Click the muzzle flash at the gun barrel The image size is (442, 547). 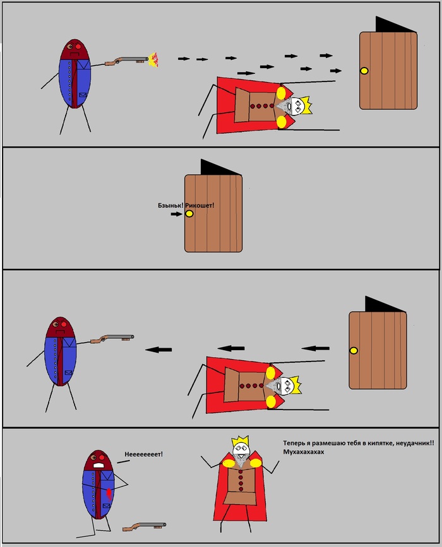(x=153, y=59)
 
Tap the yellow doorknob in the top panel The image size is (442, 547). (x=364, y=71)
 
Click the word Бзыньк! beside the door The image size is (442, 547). (x=170, y=206)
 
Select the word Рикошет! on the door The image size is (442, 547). (x=200, y=206)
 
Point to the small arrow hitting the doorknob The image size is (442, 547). (x=177, y=214)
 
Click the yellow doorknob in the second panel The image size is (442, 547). (x=189, y=213)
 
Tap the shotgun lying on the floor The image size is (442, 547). (x=144, y=526)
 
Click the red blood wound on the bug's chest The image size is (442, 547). (x=109, y=493)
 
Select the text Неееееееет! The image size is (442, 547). (x=143, y=454)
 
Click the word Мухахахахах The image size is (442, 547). (x=304, y=452)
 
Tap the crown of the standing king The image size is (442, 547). (x=240, y=441)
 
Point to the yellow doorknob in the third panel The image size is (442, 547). (x=354, y=350)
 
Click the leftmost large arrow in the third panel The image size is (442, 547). (x=158, y=350)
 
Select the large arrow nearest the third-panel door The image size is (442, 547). (x=315, y=348)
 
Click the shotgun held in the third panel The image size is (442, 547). (x=112, y=338)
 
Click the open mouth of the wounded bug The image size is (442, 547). (x=99, y=465)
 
